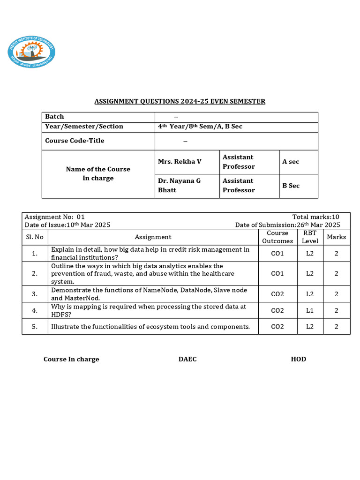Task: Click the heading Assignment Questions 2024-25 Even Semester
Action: coord(180,101)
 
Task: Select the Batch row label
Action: coord(54,117)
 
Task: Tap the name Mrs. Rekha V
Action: coord(180,162)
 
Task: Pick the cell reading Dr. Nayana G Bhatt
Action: coord(179,186)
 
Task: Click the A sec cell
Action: coord(291,162)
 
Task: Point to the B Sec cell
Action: coord(291,186)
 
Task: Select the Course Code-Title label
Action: coord(75,141)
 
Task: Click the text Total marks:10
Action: coord(315,217)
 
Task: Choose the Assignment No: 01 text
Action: coord(54,217)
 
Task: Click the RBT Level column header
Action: coord(310,237)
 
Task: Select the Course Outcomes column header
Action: coord(277,237)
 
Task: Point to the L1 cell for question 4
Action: coord(310,310)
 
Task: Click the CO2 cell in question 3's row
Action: coord(277,294)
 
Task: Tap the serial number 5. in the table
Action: coord(35,327)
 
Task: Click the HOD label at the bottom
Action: coord(298,359)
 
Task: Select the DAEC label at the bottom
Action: coord(187,359)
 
